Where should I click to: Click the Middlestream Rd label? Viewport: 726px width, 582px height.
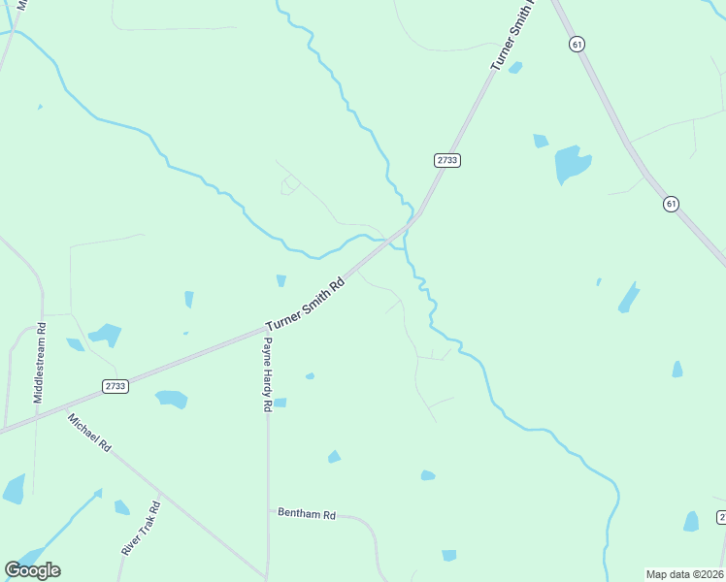tap(40, 363)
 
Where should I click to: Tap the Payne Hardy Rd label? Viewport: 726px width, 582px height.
tap(268, 374)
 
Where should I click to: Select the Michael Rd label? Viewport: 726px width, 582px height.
tap(88, 433)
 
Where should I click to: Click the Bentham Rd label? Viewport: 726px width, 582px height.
tap(306, 514)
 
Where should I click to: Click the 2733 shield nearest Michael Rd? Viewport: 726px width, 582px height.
tap(115, 386)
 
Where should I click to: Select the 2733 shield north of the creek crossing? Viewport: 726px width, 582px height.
tap(446, 160)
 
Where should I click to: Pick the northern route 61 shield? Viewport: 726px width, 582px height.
tap(577, 45)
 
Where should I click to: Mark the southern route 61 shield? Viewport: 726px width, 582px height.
tap(671, 203)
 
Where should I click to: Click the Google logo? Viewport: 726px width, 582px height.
tap(33, 569)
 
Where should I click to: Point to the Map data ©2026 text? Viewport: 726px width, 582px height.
tap(685, 574)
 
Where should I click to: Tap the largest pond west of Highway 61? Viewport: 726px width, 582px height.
tap(572, 163)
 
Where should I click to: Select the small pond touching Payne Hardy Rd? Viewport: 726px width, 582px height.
tap(280, 403)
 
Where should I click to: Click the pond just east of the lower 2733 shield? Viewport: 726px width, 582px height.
tap(172, 399)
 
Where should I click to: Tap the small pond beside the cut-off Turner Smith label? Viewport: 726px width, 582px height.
tap(515, 68)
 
